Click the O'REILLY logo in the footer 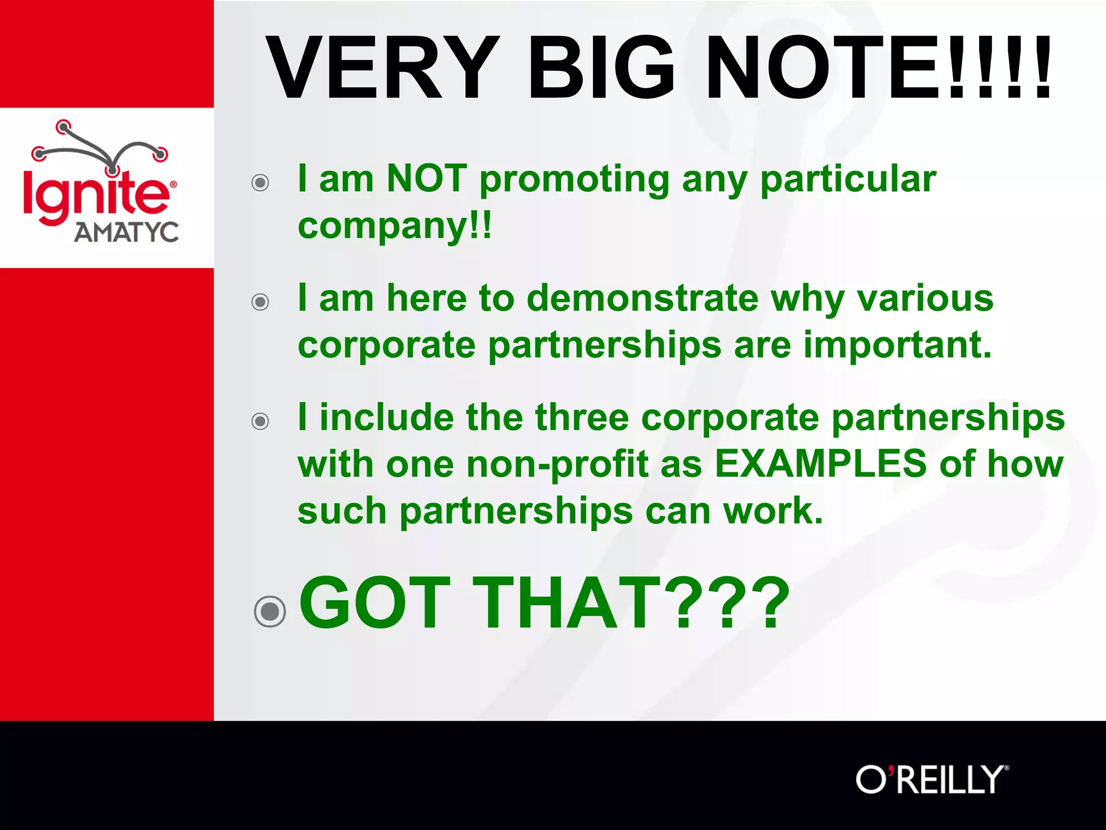[932, 779]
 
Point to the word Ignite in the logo [96, 195]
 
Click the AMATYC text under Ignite [126, 232]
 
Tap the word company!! [395, 225]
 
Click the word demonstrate [643, 298]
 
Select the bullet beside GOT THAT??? [269, 611]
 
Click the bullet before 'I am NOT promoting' [260, 183]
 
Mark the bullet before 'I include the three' [260, 421]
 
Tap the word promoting [575, 179]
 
